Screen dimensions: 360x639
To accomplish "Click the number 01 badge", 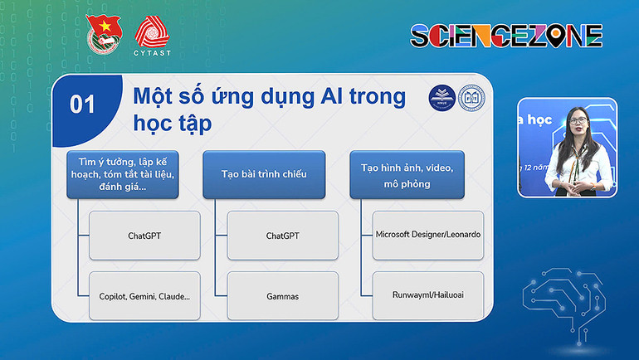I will click(x=82, y=104).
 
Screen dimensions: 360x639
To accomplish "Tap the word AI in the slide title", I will click(x=332, y=96).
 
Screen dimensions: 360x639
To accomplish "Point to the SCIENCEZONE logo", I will click(x=506, y=35).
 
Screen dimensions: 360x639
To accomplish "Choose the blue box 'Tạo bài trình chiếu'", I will click(x=264, y=174).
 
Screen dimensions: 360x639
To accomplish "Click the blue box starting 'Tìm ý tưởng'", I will click(x=123, y=174).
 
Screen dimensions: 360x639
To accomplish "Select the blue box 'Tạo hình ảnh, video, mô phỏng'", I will click(x=407, y=174).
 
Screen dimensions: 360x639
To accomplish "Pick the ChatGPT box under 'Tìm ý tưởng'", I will click(x=144, y=236).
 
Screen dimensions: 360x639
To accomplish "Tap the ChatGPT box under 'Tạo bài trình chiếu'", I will click(x=283, y=236).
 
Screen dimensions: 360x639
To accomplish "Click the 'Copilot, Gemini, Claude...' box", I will click(x=144, y=295).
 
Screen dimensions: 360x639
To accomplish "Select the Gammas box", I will click(x=283, y=295).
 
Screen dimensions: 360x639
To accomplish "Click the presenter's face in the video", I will click(x=579, y=123).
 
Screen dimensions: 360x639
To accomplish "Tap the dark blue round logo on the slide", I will click(x=441, y=97).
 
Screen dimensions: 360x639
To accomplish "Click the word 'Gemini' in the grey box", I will click(x=149, y=295).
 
